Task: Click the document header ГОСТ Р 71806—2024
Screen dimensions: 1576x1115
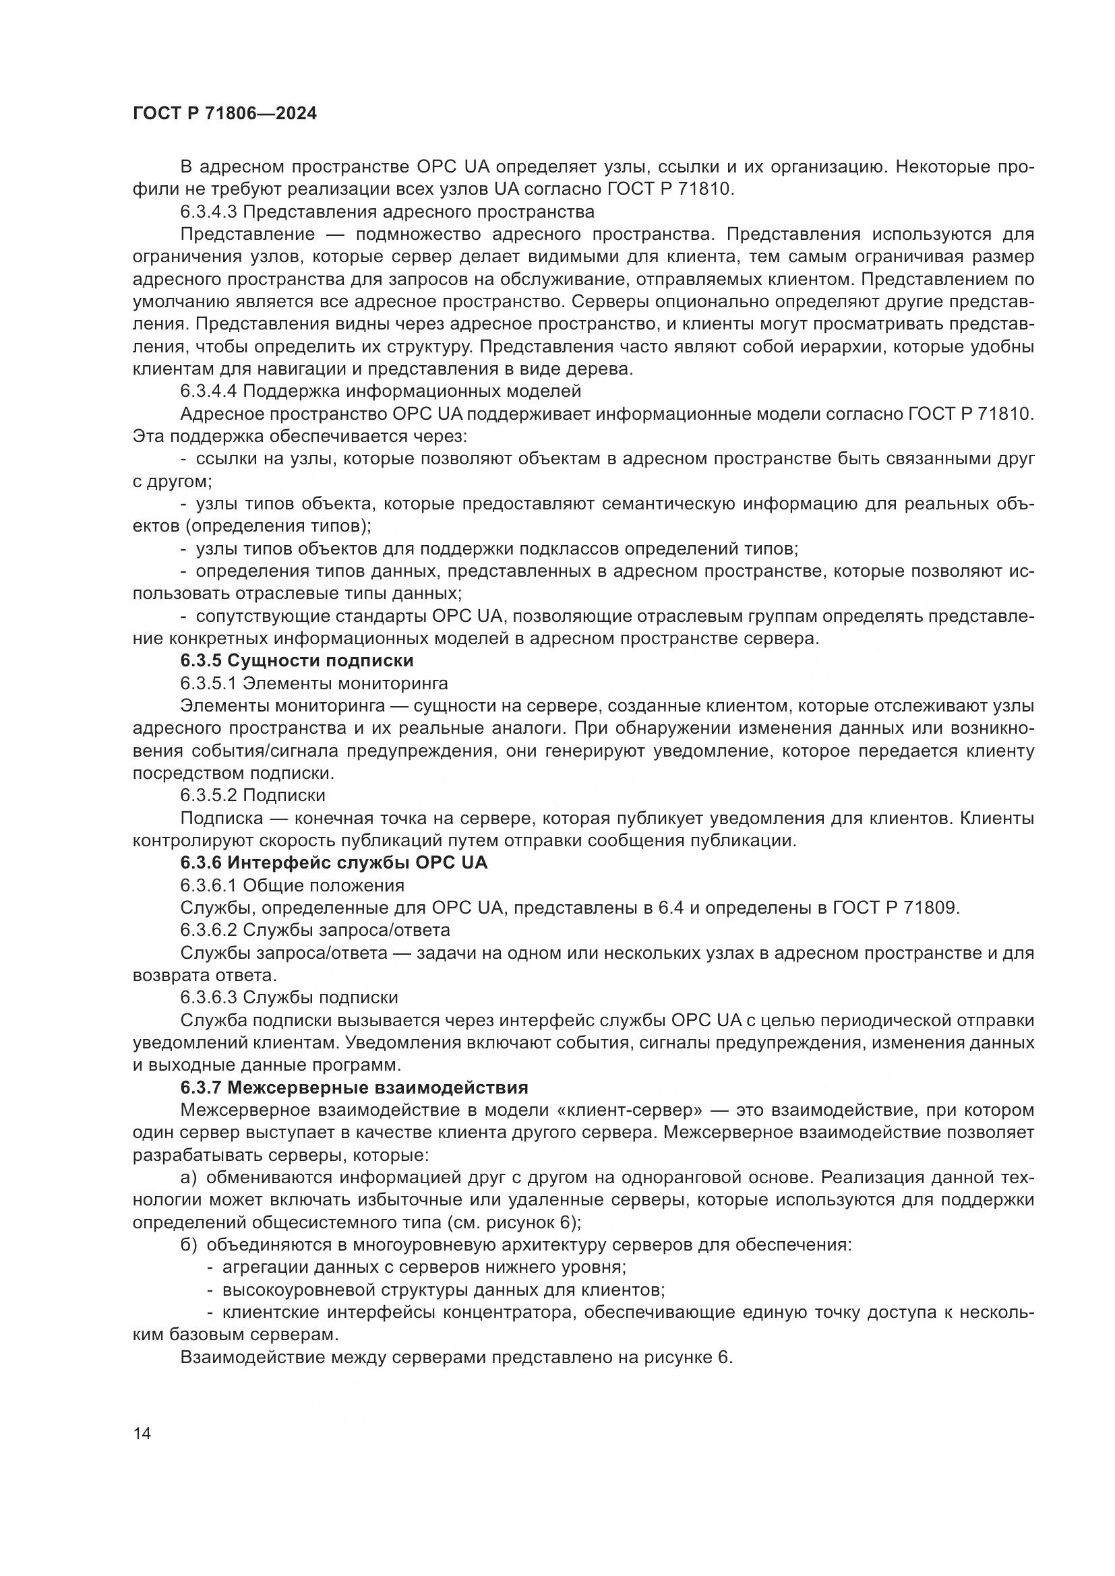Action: (x=224, y=114)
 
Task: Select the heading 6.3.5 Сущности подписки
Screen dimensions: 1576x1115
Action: (x=297, y=661)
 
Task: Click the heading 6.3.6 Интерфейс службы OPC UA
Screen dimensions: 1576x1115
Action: (x=334, y=863)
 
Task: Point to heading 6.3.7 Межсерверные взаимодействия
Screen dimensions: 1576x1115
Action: (x=355, y=1088)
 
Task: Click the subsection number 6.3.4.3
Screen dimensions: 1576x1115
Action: (x=209, y=212)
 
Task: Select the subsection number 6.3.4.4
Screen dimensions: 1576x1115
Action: (x=209, y=391)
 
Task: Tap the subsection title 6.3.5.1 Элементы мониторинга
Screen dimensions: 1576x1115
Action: (x=313, y=684)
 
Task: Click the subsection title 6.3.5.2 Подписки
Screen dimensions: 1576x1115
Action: (x=253, y=796)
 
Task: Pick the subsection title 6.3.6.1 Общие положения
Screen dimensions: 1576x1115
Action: (x=292, y=885)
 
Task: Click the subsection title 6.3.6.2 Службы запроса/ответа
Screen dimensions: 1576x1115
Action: (x=315, y=930)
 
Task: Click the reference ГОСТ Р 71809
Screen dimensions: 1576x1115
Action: (x=895, y=908)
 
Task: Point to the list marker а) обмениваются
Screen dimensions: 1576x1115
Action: (x=189, y=1178)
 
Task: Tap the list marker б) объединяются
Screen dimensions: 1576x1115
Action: (x=189, y=1245)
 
